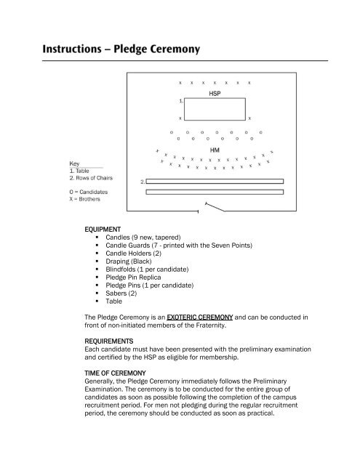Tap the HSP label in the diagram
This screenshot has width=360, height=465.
(215, 94)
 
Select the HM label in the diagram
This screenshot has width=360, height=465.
(215, 150)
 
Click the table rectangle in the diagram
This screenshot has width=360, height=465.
(215, 108)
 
